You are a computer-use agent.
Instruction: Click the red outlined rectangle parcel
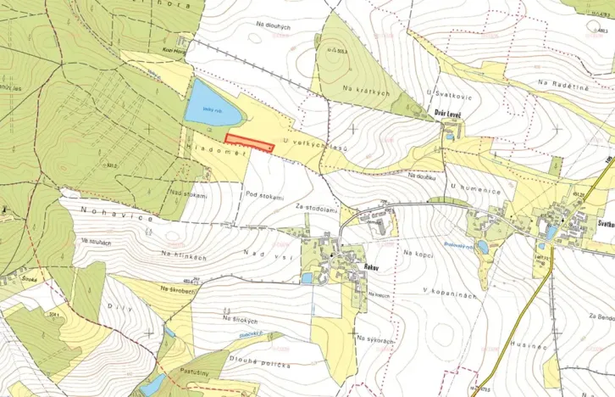249,143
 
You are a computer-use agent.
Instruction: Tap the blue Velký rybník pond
213,104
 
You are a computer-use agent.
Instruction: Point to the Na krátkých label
366,88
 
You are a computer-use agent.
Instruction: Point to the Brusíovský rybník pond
482,247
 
